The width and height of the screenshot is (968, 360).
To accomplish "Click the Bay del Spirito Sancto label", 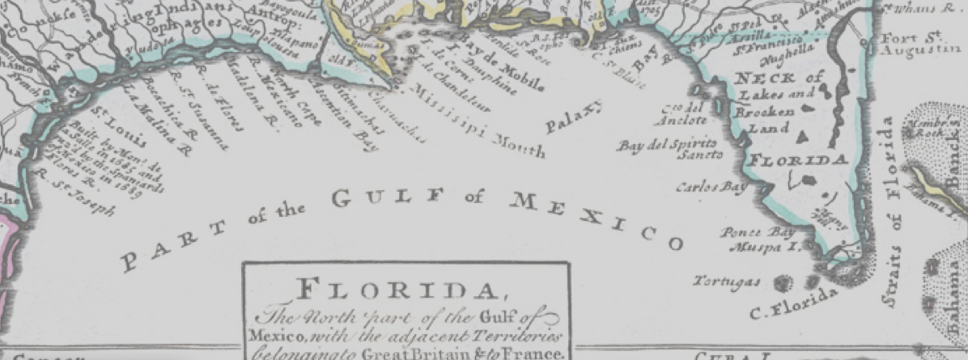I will click(656, 149).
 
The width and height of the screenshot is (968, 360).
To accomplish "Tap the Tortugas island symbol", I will click(783, 282).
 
